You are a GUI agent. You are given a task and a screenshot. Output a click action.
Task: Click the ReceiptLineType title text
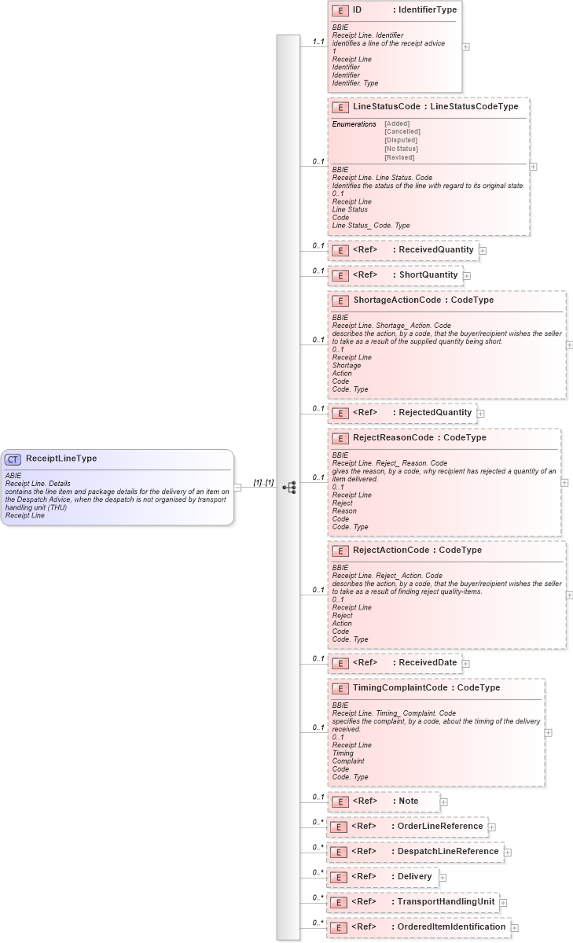tap(61, 459)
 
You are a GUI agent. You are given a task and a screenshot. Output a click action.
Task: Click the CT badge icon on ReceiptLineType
tap(13, 459)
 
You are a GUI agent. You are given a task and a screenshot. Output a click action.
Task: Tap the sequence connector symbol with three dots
tap(289, 488)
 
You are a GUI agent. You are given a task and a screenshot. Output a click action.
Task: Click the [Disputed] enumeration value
tap(401, 140)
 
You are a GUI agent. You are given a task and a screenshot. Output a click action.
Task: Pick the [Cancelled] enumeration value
tap(402, 131)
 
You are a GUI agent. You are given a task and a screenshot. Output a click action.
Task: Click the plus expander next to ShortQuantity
tap(467, 276)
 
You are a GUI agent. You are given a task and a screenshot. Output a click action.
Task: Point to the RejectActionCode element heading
tap(417, 550)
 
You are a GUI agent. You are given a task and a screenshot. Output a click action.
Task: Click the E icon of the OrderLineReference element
tap(338, 827)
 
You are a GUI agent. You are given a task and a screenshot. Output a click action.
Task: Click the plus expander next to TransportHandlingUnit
tap(503, 903)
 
